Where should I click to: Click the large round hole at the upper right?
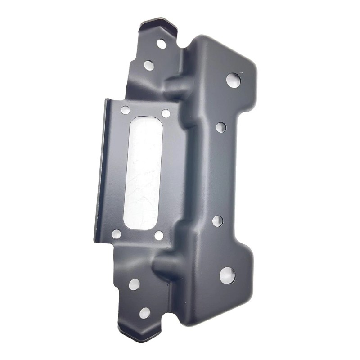click(233, 80)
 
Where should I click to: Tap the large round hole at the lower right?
click(227, 274)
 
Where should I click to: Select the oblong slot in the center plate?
click(143, 173)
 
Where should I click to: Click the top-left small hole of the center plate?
click(125, 110)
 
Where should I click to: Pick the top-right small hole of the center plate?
click(166, 113)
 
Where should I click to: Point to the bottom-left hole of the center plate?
click(116, 234)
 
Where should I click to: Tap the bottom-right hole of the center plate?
click(158, 235)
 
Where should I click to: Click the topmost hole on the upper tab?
click(162, 44)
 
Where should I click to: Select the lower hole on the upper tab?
click(149, 65)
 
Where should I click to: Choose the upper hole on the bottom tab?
click(134, 284)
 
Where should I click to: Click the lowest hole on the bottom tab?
click(144, 313)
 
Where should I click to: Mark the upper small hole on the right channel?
click(220, 127)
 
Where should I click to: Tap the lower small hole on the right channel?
click(217, 220)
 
